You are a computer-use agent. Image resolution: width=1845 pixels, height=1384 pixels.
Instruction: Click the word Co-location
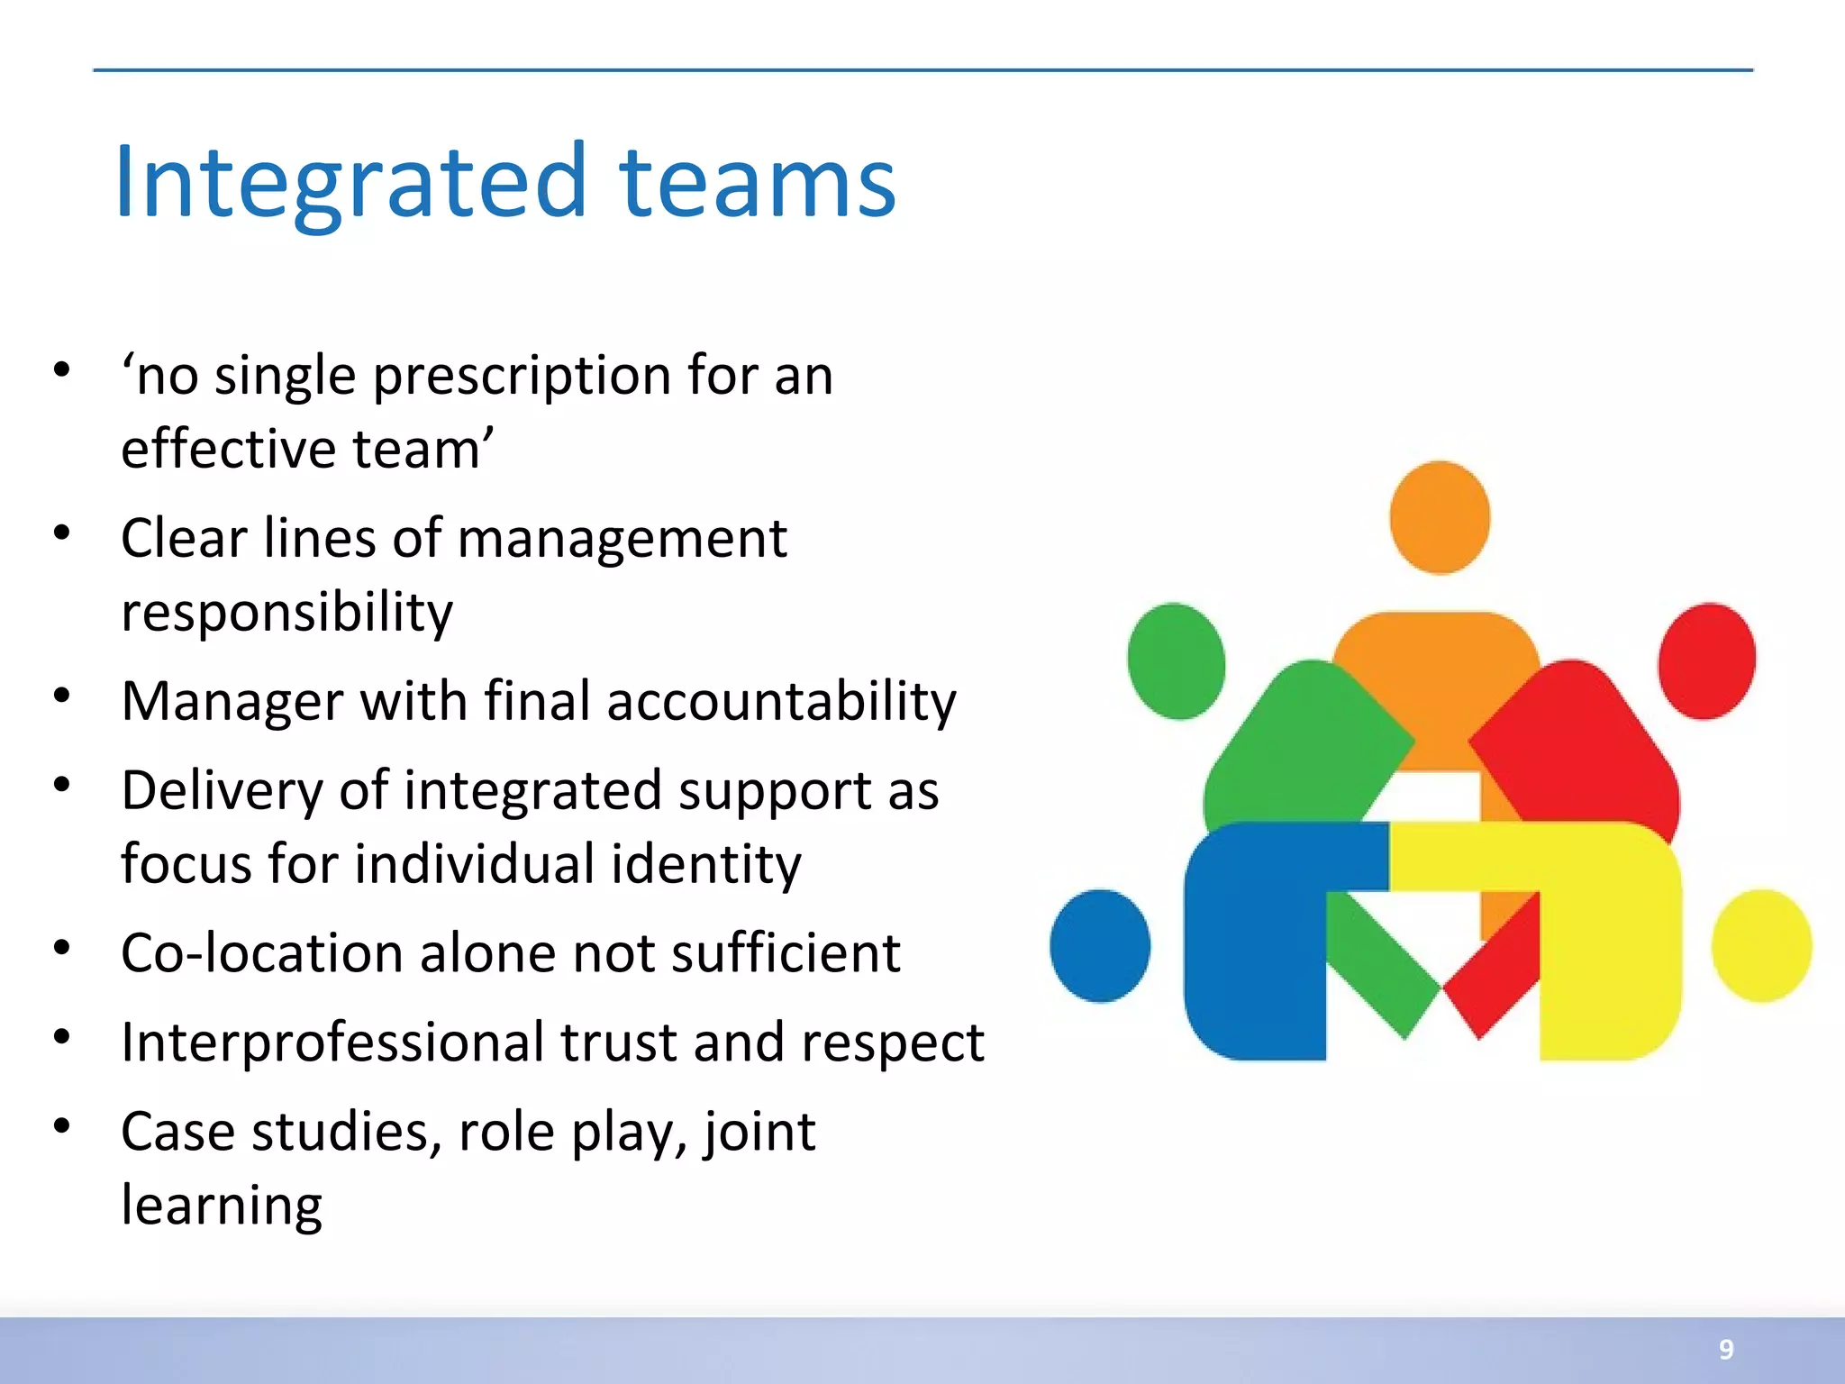coord(262,954)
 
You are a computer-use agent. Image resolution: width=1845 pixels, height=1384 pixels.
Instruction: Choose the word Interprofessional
coord(332,1043)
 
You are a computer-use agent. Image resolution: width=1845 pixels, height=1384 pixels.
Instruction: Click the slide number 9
coord(1725,1349)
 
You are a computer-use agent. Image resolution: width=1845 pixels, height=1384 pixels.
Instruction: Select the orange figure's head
coord(1439,517)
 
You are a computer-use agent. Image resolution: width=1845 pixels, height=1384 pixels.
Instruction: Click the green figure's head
coord(1176,660)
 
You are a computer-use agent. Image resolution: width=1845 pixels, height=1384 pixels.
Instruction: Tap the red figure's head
coord(1706,660)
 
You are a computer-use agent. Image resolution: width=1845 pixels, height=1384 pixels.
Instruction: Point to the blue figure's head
coord(1100,945)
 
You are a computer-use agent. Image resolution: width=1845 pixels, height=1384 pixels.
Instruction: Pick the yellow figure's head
coord(1761,945)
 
